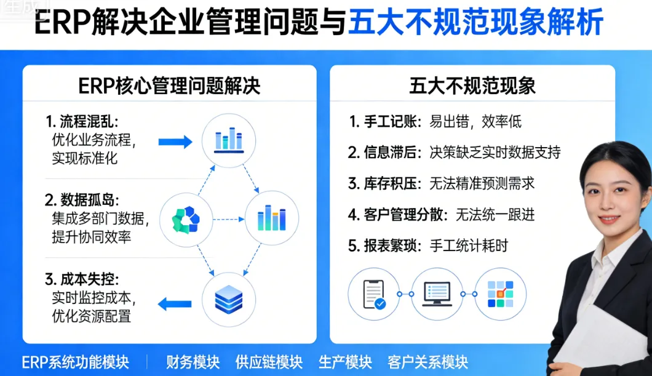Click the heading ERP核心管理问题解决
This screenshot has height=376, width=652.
click(169, 86)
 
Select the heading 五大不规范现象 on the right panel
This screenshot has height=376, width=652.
click(472, 86)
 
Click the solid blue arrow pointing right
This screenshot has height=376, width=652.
click(175, 142)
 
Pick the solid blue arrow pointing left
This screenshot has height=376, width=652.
click(175, 303)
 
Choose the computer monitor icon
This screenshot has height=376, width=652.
click(437, 294)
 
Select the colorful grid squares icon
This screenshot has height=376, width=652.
click(500, 294)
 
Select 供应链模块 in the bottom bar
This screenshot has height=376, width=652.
click(269, 362)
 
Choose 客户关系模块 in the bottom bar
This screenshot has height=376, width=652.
click(427, 362)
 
